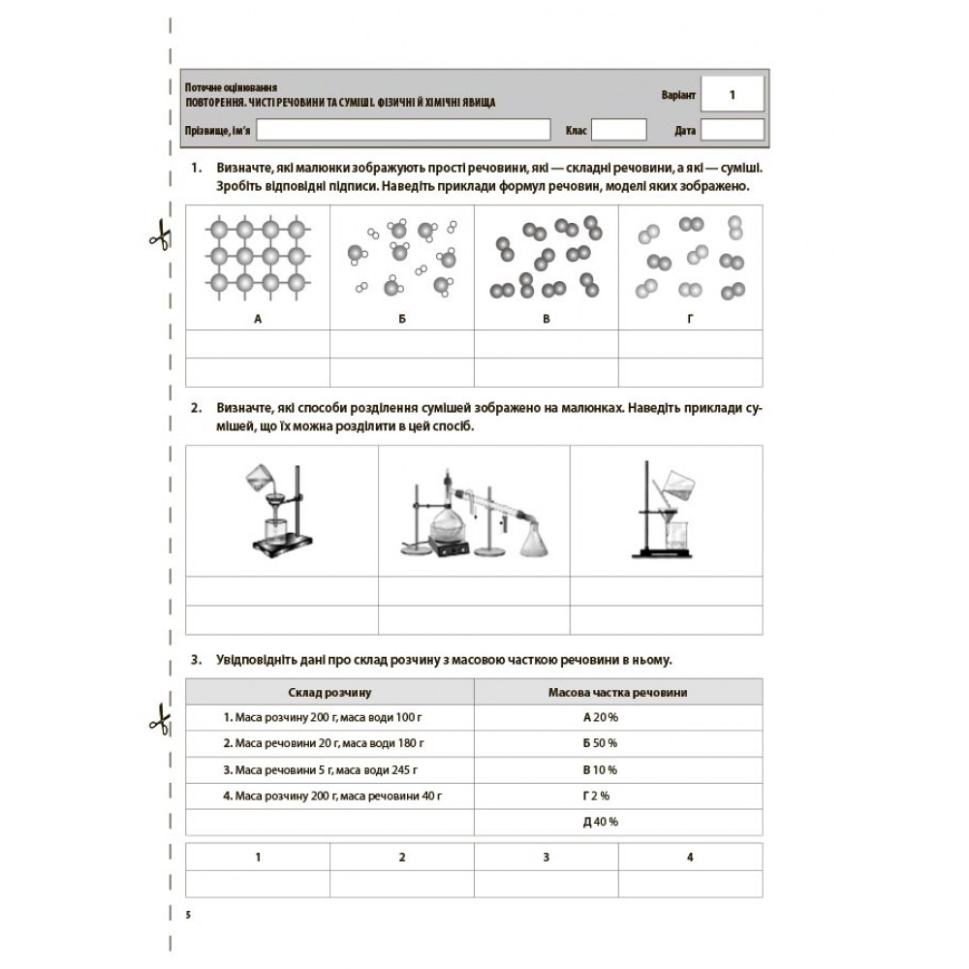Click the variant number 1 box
(732, 95)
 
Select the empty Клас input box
(617, 130)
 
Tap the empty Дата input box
(732, 130)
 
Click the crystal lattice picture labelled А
(257, 258)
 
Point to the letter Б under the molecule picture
(401, 318)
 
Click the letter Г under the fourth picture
(691, 318)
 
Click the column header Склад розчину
(329, 692)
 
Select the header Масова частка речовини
(618, 692)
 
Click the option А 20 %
(600, 718)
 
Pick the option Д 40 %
(600, 822)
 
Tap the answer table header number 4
(690, 858)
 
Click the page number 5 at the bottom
(188, 914)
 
